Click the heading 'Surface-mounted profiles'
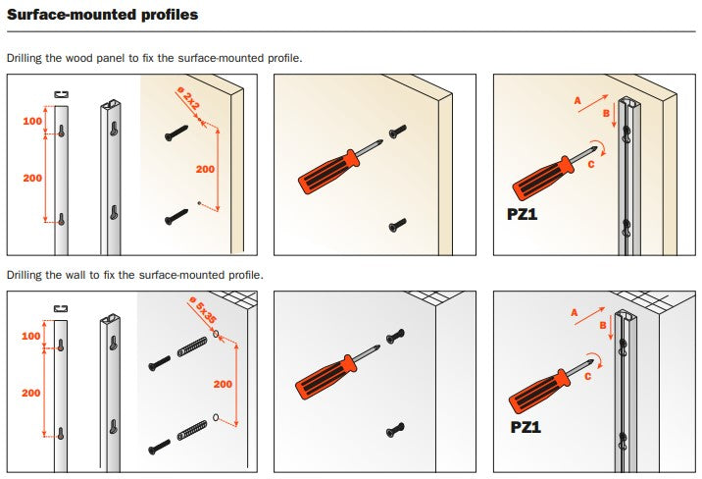(103, 15)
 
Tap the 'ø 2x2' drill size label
(188, 98)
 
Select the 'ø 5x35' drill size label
(203, 309)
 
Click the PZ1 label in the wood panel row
(522, 214)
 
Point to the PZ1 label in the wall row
(526, 427)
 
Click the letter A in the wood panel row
(577, 100)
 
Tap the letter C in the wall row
(588, 377)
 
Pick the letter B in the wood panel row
(606, 113)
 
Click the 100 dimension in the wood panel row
(32, 121)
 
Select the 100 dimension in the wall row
(31, 336)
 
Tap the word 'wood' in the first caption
(79, 58)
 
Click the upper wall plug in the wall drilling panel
(192, 346)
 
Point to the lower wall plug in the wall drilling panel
(192, 431)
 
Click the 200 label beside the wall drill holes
(223, 384)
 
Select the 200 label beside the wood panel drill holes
(205, 170)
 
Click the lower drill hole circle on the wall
(216, 417)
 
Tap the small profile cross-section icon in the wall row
(61, 309)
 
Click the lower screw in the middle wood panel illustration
(397, 225)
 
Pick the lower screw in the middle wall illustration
(395, 430)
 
